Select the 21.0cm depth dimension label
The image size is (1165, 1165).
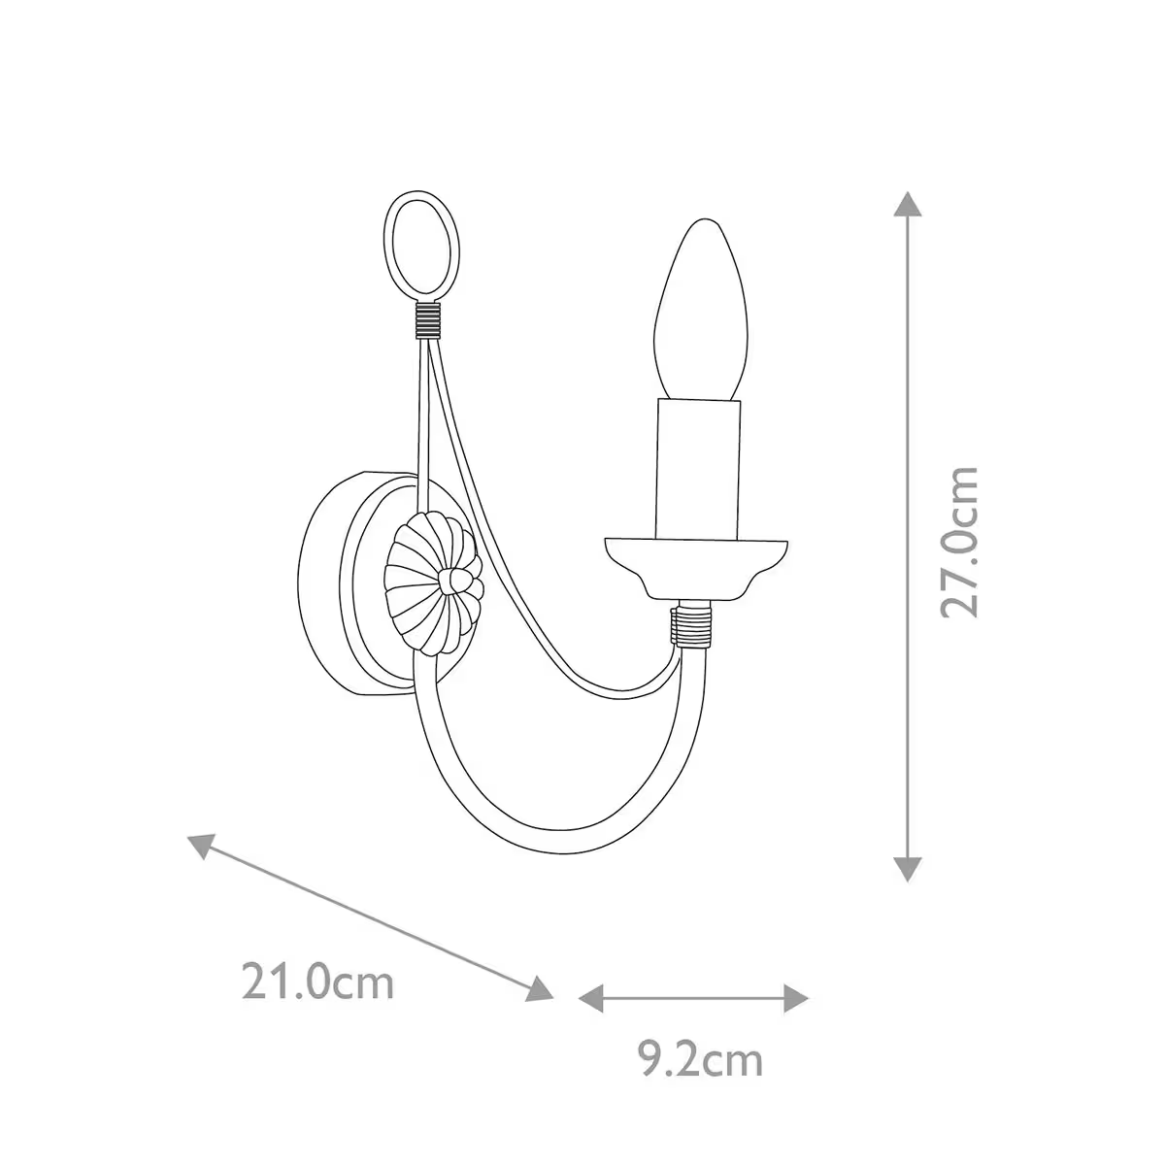[x=318, y=982]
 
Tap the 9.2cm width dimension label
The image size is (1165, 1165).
[x=700, y=1060]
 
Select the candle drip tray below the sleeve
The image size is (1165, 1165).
[x=695, y=563]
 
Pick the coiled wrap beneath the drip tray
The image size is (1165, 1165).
[x=693, y=625]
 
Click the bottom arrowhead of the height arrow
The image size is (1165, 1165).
[x=907, y=868]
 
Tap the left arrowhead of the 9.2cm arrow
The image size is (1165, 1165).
[x=590, y=997]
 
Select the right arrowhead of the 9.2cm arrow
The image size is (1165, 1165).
[x=796, y=997]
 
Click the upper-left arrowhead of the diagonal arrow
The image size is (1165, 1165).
[x=199, y=846]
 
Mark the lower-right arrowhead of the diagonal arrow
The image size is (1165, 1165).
[x=540, y=987]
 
